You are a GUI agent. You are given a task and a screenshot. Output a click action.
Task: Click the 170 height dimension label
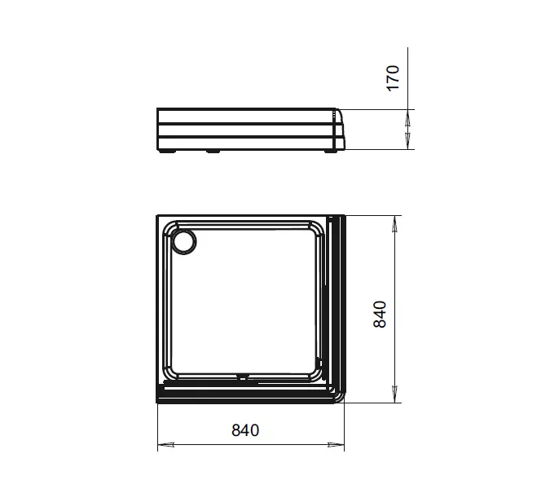click(393, 78)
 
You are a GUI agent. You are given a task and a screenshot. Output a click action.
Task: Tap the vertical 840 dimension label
click(380, 315)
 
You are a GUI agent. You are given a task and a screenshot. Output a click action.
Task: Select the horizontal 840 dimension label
click(245, 430)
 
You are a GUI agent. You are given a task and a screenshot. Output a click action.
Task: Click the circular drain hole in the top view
click(184, 242)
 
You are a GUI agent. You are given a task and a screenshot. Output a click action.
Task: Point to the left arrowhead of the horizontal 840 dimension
click(166, 445)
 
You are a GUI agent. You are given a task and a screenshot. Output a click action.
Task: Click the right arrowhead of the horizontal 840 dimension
click(336, 445)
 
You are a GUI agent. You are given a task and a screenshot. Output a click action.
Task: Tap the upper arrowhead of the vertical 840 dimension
click(394, 224)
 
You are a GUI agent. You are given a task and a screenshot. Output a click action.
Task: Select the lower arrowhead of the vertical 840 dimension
click(394, 394)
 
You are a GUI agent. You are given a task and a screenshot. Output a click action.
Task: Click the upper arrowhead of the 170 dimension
click(408, 118)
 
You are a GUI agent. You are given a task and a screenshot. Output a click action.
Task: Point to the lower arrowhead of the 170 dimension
click(408, 141)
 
